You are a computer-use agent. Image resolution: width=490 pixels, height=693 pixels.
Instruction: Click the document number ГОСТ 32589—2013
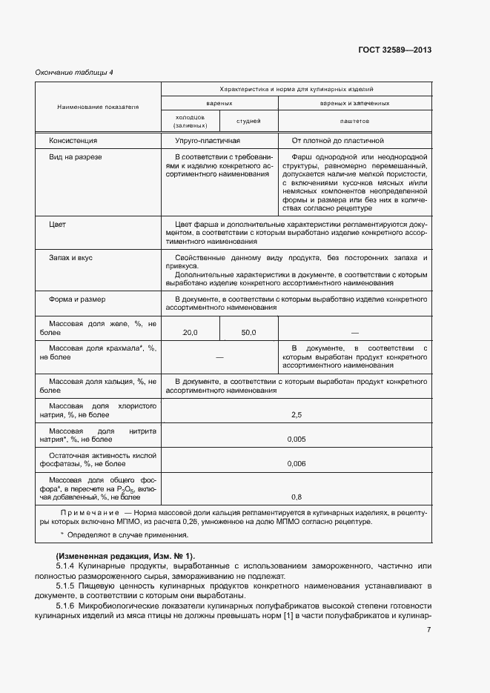click(x=394, y=50)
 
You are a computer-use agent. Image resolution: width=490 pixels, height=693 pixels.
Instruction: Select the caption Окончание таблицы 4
click(x=74, y=72)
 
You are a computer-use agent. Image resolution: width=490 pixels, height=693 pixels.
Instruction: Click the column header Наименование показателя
click(x=99, y=107)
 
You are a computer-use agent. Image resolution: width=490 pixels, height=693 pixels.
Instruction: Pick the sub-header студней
click(x=248, y=121)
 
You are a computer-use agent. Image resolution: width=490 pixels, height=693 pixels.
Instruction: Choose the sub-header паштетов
click(x=354, y=121)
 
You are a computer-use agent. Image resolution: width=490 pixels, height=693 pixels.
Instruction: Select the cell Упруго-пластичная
click(x=208, y=140)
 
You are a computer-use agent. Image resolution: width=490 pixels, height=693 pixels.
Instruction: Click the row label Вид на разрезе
click(x=75, y=157)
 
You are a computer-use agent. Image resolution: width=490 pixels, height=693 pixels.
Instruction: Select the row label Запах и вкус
click(x=70, y=257)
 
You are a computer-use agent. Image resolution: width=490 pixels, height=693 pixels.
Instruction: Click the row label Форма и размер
click(x=77, y=299)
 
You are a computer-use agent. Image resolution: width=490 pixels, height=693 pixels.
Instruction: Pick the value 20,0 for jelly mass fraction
click(x=191, y=333)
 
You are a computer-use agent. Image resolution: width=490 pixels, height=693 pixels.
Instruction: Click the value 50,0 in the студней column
click(x=248, y=333)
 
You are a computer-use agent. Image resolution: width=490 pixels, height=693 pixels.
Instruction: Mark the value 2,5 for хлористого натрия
click(x=297, y=415)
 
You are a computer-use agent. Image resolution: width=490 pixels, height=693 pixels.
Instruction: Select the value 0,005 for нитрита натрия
click(x=297, y=440)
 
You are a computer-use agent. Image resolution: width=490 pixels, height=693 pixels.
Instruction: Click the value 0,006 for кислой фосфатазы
click(x=297, y=464)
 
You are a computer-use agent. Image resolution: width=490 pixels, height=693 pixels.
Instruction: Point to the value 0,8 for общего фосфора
click(x=297, y=497)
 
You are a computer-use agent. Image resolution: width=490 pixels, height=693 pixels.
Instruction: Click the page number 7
click(x=428, y=630)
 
